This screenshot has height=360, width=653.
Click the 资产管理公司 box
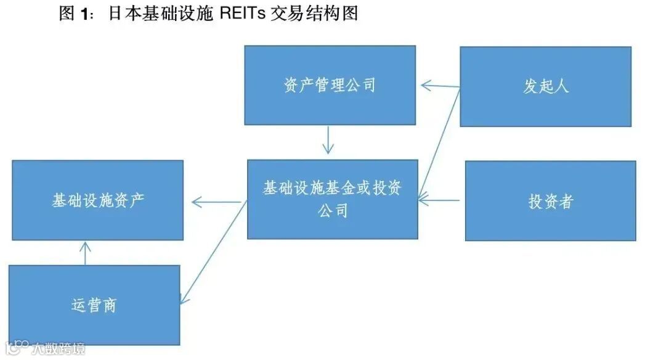click(330, 86)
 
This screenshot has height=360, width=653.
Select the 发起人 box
click(545, 86)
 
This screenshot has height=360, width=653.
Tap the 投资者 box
click(550, 201)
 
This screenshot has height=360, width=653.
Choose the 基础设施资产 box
click(98, 200)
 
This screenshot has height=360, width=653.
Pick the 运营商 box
click(94, 305)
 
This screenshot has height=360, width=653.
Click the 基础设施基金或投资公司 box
click(333, 199)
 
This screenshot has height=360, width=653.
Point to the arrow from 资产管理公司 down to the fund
click(328, 140)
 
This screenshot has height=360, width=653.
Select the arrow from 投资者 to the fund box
click(440, 200)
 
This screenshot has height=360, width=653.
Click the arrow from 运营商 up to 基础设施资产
click(86, 253)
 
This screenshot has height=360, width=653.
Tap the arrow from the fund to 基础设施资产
click(216, 201)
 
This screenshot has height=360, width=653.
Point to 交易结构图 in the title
click(314, 14)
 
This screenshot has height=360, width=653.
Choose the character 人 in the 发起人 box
click(561, 86)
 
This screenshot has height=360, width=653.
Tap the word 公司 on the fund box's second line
click(333, 211)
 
